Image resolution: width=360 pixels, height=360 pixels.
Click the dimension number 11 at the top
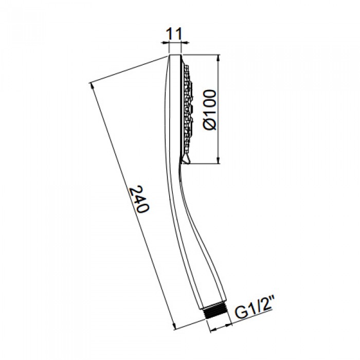pyautogui.click(x=176, y=35)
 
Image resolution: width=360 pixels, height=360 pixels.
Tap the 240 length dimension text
pyautogui.click(x=139, y=201)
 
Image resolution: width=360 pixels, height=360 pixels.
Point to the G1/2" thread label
pyautogui.click(x=254, y=312)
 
